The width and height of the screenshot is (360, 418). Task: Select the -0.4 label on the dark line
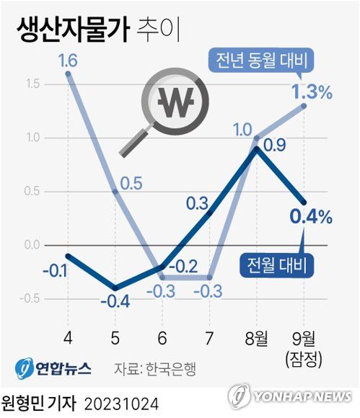point(115,299)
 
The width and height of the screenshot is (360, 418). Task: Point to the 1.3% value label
point(311,92)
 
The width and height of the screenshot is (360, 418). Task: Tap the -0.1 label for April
point(56,271)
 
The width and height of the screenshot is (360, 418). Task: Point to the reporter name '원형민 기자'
point(38,400)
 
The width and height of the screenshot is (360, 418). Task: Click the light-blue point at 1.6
point(67,74)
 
